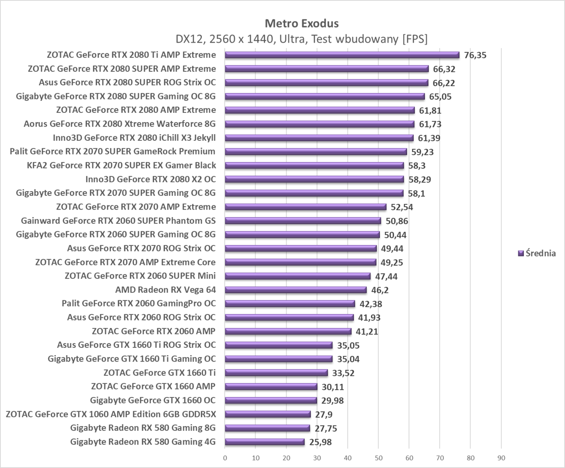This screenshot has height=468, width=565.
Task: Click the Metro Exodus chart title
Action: (x=301, y=23)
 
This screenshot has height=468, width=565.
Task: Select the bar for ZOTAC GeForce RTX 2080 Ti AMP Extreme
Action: (x=342, y=55)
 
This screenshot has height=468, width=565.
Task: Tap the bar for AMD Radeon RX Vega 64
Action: (x=295, y=290)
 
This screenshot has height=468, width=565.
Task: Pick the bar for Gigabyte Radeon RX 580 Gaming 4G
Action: (x=264, y=442)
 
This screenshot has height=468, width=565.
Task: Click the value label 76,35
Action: (x=475, y=55)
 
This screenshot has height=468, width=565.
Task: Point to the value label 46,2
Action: (x=380, y=290)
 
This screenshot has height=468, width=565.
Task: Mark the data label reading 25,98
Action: (x=320, y=442)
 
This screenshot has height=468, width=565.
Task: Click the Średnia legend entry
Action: (x=537, y=253)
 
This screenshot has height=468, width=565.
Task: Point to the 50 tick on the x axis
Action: (x=379, y=458)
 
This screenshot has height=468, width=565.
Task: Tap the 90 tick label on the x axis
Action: (x=501, y=458)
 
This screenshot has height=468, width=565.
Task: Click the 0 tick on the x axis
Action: (x=225, y=458)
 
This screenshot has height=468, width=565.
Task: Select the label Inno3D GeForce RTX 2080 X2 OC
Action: (x=151, y=179)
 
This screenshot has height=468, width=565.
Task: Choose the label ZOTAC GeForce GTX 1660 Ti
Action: (x=159, y=372)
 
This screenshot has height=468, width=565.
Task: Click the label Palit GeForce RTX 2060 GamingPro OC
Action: (x=139, y=304)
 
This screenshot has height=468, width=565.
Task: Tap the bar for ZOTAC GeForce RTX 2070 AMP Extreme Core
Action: (x=300, y=262)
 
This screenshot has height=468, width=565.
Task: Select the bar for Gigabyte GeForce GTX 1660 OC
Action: (x=271, y=400)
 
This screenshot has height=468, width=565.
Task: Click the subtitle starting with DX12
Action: (x=301, y=39)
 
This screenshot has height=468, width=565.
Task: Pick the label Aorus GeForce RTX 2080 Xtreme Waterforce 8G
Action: (x=119, y=124)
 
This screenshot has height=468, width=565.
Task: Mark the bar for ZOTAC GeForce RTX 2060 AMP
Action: (x=288, y=331)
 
